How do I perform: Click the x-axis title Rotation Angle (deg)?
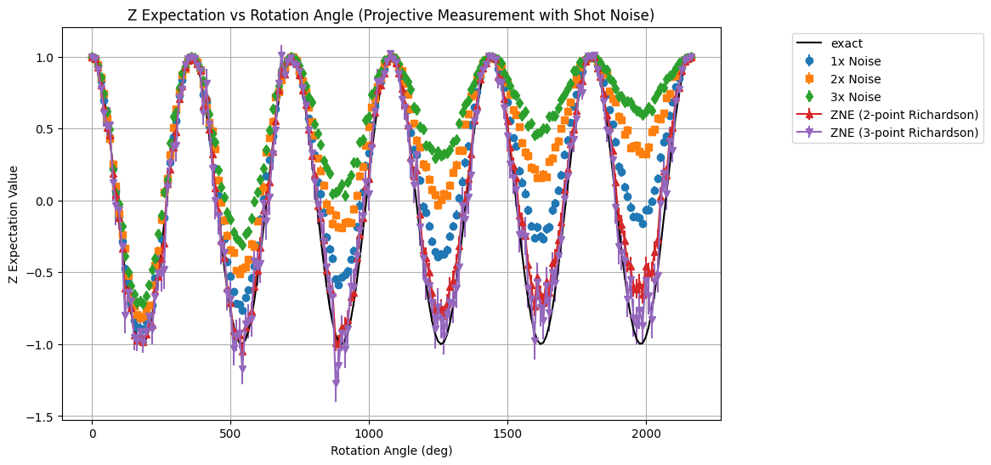pyautogui.click(x=392, y=451)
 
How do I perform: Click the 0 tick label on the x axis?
pyautogui.click(x=93, y=433)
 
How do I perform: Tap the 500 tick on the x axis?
pyautogui.click(x=230, y=433)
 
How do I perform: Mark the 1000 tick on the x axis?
pyautogui.click(x=369, y=433)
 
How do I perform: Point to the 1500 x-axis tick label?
pyautogui.click(x=507, y=433)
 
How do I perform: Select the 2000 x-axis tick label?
pyautogui.click(x=646, y=433)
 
